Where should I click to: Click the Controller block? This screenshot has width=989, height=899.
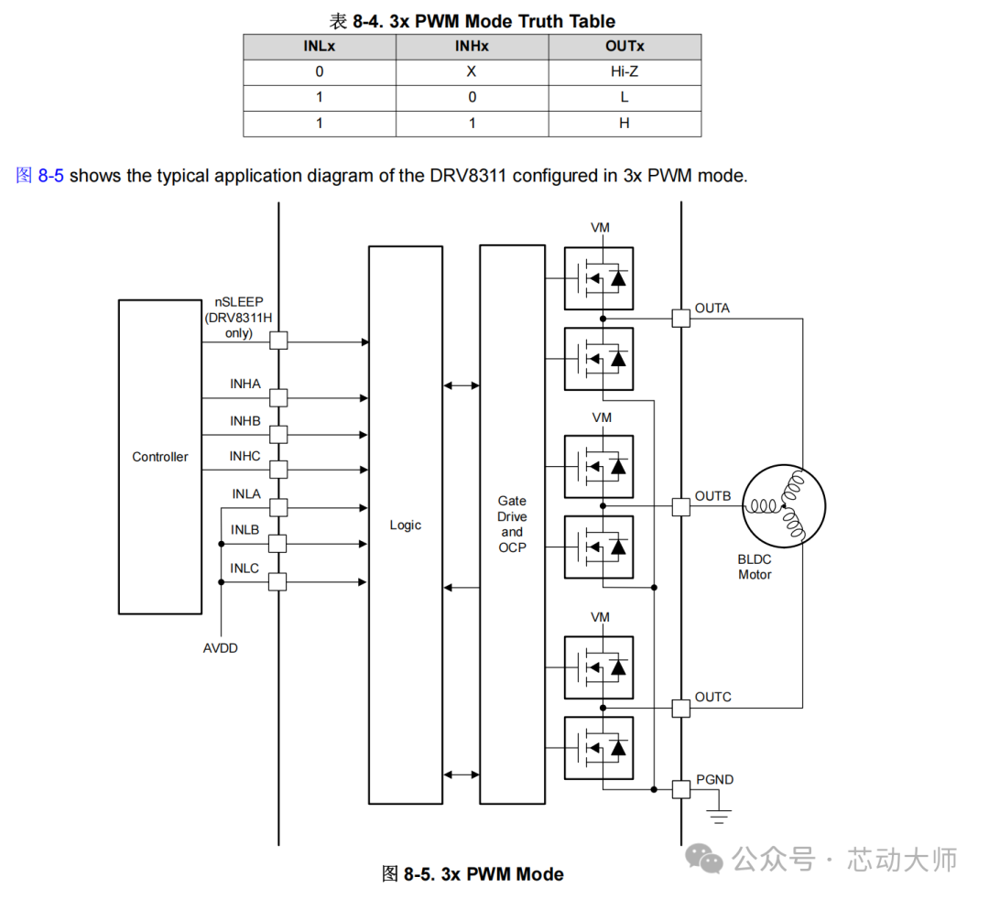[x=159, y=457]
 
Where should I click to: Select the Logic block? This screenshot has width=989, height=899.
[x=405, y=525]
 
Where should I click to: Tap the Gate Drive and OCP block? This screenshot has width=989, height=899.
[x=512, y=525]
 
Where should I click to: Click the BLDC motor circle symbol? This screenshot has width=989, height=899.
[x=784, y=506]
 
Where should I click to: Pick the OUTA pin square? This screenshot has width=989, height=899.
[x=680, y=318]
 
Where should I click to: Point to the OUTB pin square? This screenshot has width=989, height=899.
[x=680, y=506]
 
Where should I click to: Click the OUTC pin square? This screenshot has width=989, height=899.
[x=680, y=708]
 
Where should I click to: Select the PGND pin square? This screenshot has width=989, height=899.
[x=680, y=789]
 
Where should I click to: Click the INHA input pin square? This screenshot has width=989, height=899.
[x=278, y=397]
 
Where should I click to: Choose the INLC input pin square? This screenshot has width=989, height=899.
[x=278, y=581]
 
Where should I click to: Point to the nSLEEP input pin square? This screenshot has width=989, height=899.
[x=278, y=340]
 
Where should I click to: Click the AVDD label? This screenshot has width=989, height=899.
[x=221, y=648]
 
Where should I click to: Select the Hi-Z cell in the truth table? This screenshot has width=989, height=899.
[x=625, y=71]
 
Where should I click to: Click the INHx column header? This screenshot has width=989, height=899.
[x=472, y=46]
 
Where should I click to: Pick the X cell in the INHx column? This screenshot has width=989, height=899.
[x=472, y=71]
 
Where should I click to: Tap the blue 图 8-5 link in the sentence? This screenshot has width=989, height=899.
[x=39, y=176]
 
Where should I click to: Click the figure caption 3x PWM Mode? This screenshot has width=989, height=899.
[x=473, y=874]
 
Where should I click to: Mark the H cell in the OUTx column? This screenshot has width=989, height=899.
[x=625, y=123]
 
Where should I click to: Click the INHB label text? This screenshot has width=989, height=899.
[x=245, y=420]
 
